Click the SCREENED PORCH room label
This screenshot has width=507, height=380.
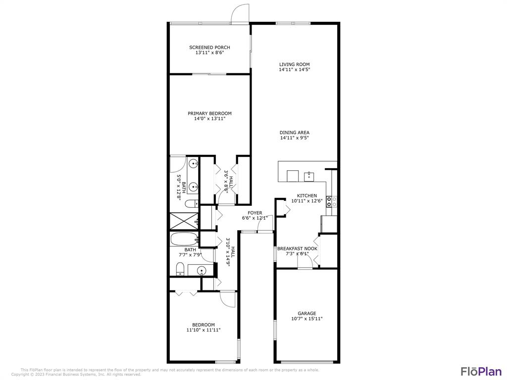pyautogui.click(x=209, y=47)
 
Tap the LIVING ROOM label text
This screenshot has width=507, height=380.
pyautogui.click(x=294, y=64)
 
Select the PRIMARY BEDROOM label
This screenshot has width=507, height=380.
pyautogui.click(x=209, y=113)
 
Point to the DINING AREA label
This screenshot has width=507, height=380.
pyautogui.click(x=295, y=133)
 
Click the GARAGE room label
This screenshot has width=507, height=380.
pyautogui.click(x=307, y=313)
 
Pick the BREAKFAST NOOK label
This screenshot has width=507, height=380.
pyautogui.click(x=297, y=248)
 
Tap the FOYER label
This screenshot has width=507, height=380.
pyautogui.click(x=255, y=213)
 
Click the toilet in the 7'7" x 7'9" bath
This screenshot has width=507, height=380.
pyautogui.click(x=180, y=270)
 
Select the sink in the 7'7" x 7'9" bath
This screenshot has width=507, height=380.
pyautogui.click(x=201, y=270)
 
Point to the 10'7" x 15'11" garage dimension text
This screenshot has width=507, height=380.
pyautogui.click(x=307, y=319)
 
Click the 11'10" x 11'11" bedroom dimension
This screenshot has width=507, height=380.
pyautogui.click(x=203, y=330)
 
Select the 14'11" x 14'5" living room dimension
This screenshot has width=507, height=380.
pyautogui.click(x=294, y=70)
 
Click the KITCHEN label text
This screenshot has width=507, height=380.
pyautogui.click(x=307, y=195)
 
